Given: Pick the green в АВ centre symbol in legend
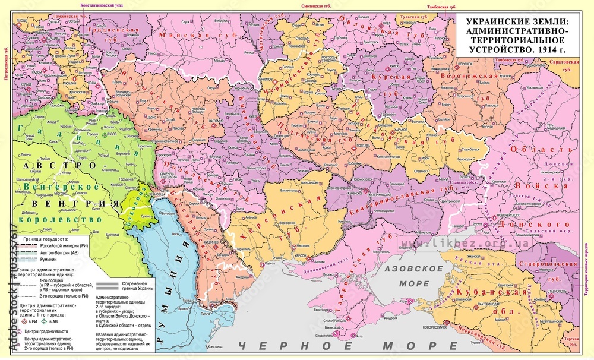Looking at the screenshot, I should click(x=52, y=321).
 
